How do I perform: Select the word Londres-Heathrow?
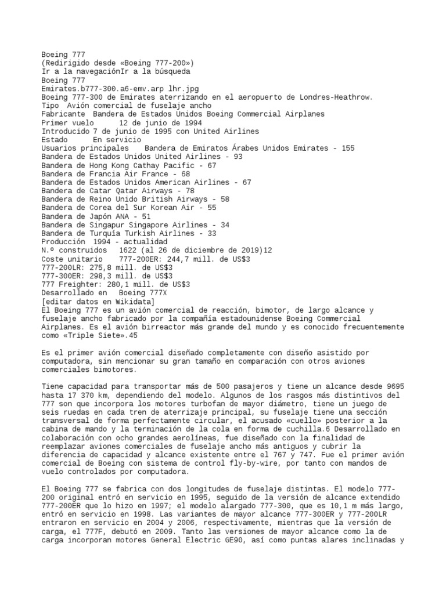328,97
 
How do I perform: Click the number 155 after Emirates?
348,148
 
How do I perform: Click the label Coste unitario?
70,259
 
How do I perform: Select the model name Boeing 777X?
143,292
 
